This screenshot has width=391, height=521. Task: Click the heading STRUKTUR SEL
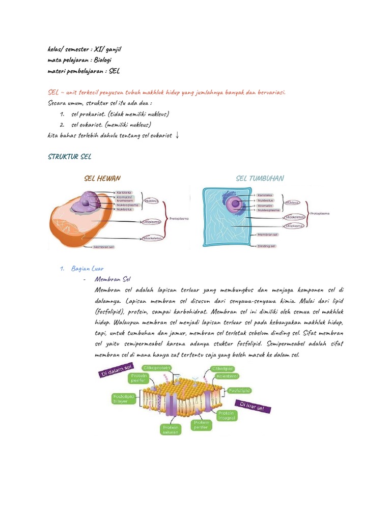(70, 157)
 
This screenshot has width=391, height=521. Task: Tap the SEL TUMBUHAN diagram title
(260, 179)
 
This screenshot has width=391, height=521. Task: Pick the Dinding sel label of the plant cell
(266, 246)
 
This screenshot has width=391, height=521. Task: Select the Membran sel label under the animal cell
(104, 247)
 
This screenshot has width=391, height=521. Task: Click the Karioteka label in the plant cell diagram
(265, 195)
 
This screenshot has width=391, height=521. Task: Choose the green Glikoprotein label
(157, 367)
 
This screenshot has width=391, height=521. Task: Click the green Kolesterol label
(227, 377)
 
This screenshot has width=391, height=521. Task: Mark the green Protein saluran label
(171, 430)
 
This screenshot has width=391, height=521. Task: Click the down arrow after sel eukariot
(176, 135)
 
